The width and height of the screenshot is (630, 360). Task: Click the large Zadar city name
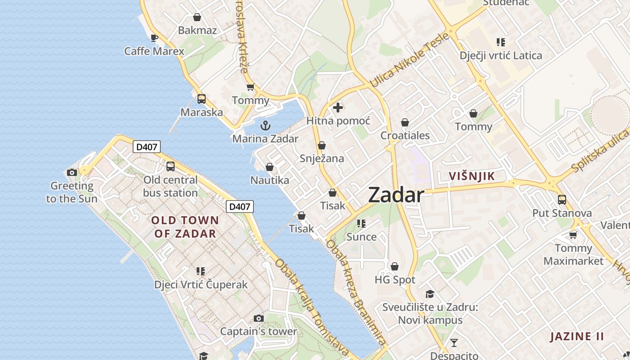pos(396,195)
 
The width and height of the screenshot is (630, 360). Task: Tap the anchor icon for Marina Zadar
pos(265,125)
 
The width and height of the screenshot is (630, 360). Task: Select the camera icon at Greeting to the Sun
pos(72,172)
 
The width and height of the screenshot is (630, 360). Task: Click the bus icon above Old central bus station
pos(170,166)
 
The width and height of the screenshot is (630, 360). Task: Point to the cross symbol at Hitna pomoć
pos(338,108)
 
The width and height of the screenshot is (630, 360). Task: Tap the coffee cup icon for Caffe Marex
pos(154,38)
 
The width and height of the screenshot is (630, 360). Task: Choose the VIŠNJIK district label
pos(472,176)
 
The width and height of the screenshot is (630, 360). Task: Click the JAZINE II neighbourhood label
pos(577,336)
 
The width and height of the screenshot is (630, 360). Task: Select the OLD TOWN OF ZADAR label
pos(185,227)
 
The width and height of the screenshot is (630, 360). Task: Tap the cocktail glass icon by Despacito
pos(454,343)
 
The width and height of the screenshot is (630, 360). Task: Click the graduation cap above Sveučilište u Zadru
pos(430,294)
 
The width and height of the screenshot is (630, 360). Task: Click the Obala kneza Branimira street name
pos(355,292)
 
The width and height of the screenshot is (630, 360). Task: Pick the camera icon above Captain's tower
pos(258,319)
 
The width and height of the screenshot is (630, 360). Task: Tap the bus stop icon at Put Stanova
pos(562,199)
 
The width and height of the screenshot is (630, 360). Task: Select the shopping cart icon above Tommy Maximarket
pos(573,235)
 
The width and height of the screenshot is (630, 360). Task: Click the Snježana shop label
pos(322,158)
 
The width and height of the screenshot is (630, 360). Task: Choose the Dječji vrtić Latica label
pos(501,56)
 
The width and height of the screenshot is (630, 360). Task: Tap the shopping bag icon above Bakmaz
pos(197,18)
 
